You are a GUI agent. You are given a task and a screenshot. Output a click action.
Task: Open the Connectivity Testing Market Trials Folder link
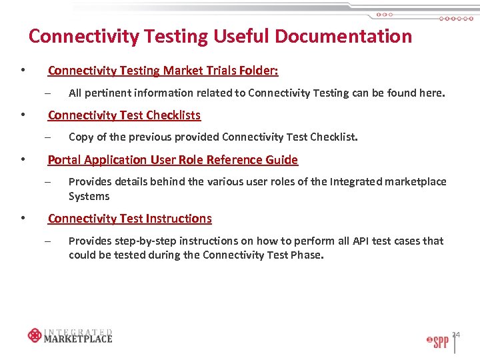[x=163, y=71]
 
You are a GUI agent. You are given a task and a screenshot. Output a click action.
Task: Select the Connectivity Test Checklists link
[x=124, y=115]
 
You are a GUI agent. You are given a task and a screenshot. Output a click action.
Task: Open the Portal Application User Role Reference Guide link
[x=173, y=160]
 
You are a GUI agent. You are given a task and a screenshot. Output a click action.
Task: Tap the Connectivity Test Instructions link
[x=129, y=219]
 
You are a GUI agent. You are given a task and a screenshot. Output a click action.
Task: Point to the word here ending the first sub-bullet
[x=431, y=93]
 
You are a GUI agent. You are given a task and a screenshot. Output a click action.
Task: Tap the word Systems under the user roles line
[x=89, y=197]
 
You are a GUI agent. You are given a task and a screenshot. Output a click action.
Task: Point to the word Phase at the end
[x=307, y=255]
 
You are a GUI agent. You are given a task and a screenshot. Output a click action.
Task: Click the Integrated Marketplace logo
[x=70, y=335]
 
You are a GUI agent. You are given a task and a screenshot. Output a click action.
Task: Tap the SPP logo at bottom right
[x=438, y=341]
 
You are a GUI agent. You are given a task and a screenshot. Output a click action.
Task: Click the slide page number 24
[x=457, y=333]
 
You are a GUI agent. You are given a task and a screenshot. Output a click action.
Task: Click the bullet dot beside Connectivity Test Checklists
[x=23, y=115]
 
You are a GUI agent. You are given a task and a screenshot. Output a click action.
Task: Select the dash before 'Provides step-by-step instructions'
[x=48, y=241]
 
